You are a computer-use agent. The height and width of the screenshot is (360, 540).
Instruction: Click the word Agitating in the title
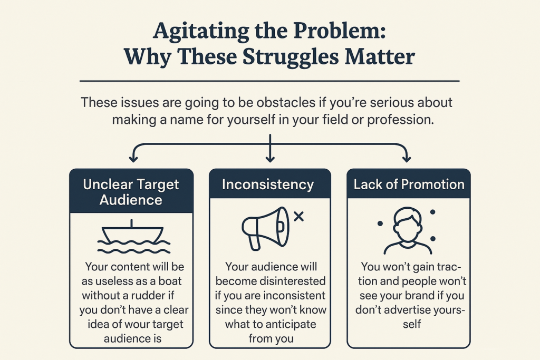pyautogui.click(x=201, y=32)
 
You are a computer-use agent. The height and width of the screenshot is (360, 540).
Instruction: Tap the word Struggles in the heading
pyautogui.click(x=291, y=57)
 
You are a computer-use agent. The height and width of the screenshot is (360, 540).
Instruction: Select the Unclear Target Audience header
pyautogui.click(x=131, y=192)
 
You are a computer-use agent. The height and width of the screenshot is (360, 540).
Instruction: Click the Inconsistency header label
pyautogui.click(x=268, y=184)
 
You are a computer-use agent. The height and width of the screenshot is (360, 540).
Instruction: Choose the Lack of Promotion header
pyautogui.click(x=409, y=184)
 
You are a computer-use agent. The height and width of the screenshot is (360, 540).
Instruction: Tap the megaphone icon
pyautogui.click(x=266, y=228)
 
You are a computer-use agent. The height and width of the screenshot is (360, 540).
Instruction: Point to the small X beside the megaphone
pyautogui.click(x=298, y=217)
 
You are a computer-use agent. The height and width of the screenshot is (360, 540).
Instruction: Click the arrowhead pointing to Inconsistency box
pyautogui.click(x=270, y=159)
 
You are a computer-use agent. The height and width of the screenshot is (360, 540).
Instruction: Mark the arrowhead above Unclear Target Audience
pyautogui.click(x=133, y=159)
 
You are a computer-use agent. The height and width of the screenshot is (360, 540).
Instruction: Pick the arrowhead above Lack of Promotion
pyautogui.click(x=407, y=159)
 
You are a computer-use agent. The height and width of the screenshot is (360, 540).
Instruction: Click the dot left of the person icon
pyautogui.click(x=380, y=223)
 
